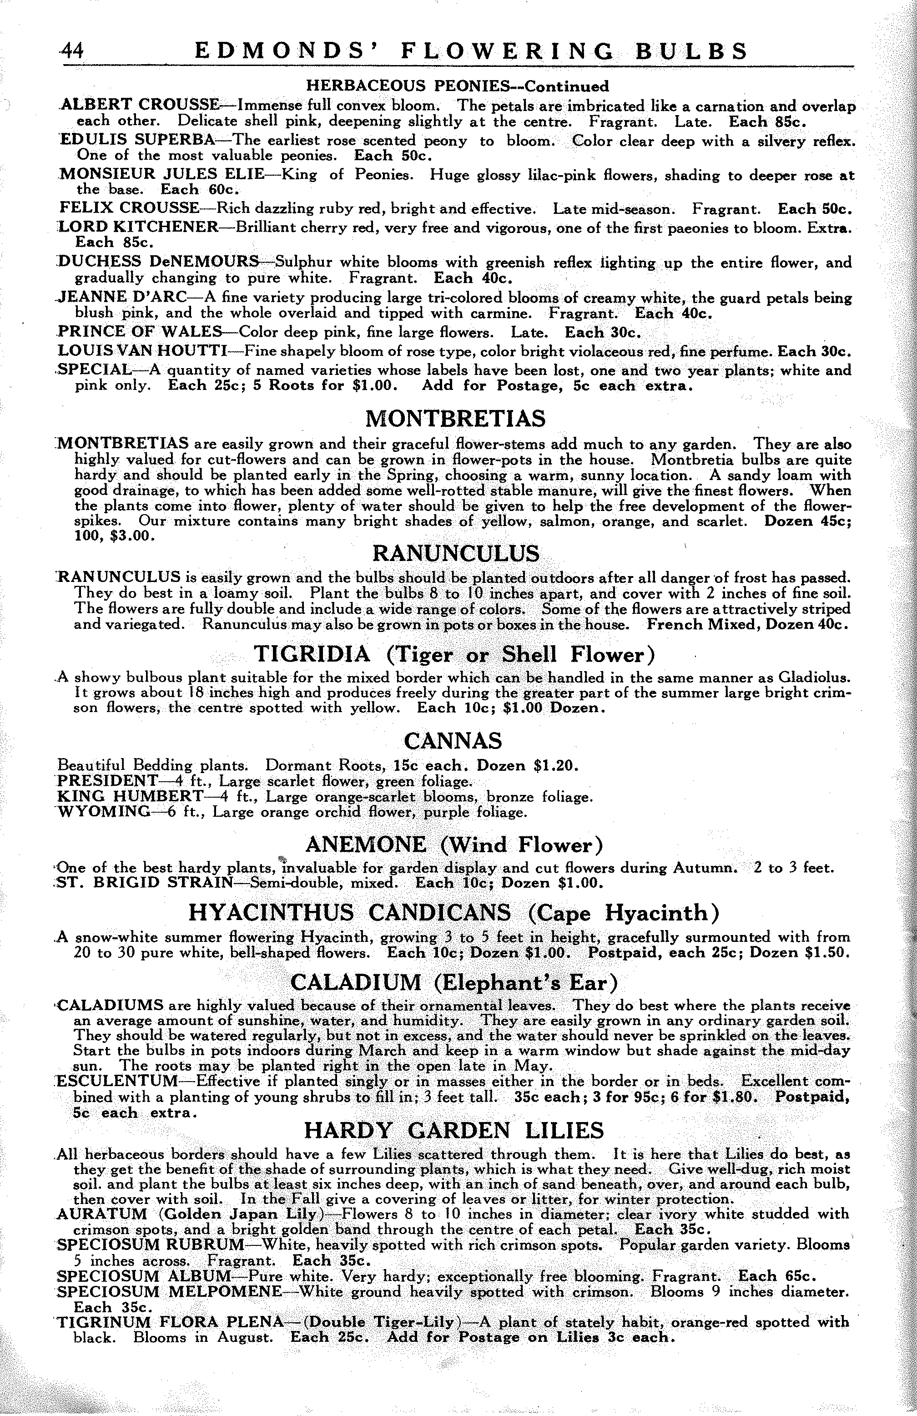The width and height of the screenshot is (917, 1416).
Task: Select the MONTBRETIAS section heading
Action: [455, 419]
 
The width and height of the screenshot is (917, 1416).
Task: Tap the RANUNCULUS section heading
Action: [455, 553]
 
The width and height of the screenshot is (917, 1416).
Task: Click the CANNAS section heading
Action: [453, 741]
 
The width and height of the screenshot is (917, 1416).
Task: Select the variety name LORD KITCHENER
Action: [139, 227]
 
